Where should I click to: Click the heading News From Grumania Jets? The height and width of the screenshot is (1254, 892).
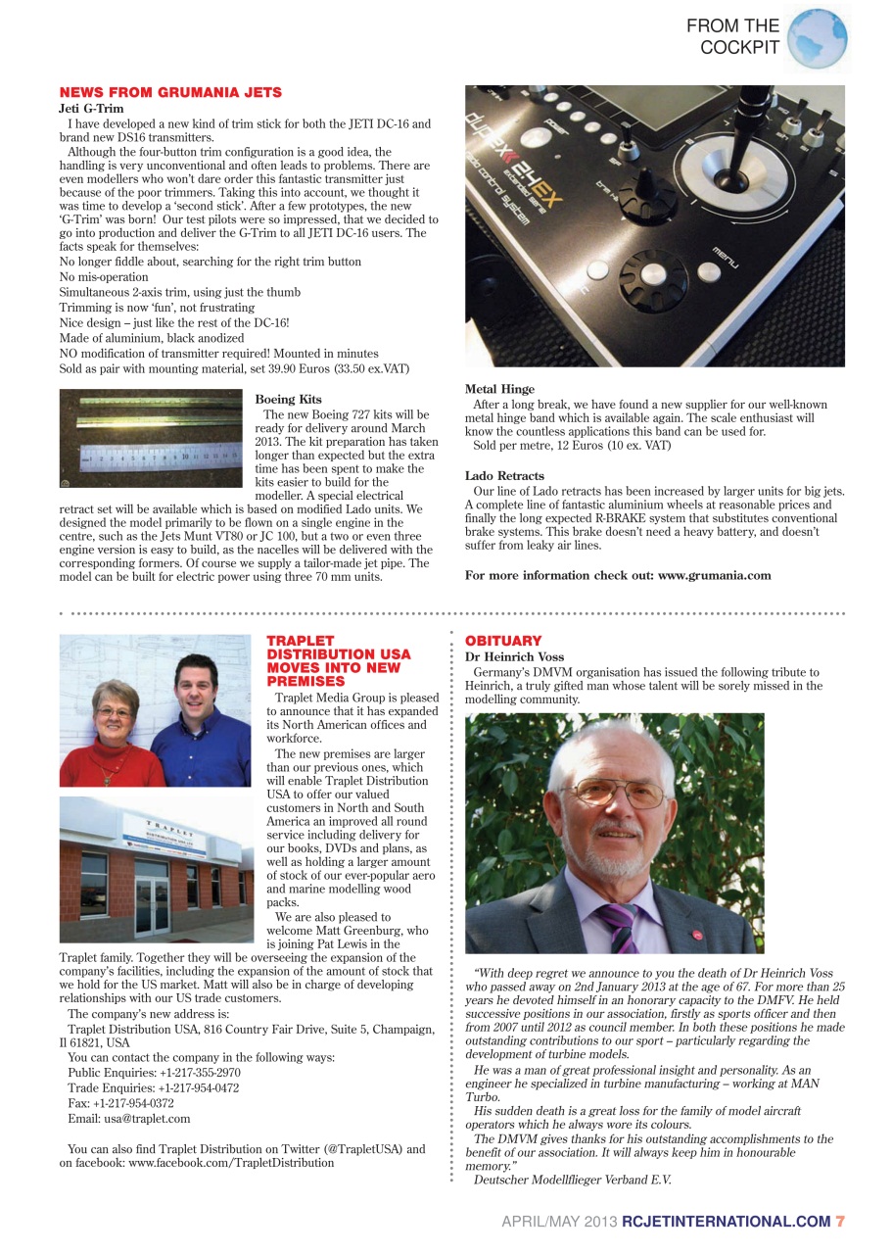click(x=170, y=92)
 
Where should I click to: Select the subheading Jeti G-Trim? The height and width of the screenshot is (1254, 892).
click(x=91, y=109)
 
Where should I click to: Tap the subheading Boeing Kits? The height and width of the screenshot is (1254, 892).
click(x=288, y=400)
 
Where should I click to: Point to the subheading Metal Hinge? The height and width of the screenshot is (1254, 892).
click(x=499, y=389)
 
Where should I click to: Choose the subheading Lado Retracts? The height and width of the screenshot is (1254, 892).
click(x=504, y=476)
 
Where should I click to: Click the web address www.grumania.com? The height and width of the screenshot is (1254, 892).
click(x=714, y=575)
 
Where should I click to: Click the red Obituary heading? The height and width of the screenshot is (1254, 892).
click(x=503, y=641)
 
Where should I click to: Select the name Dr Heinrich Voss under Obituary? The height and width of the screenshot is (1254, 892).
click(x=514, y=656)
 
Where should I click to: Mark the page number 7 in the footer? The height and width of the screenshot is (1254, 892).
click(x=839, y=1221)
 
